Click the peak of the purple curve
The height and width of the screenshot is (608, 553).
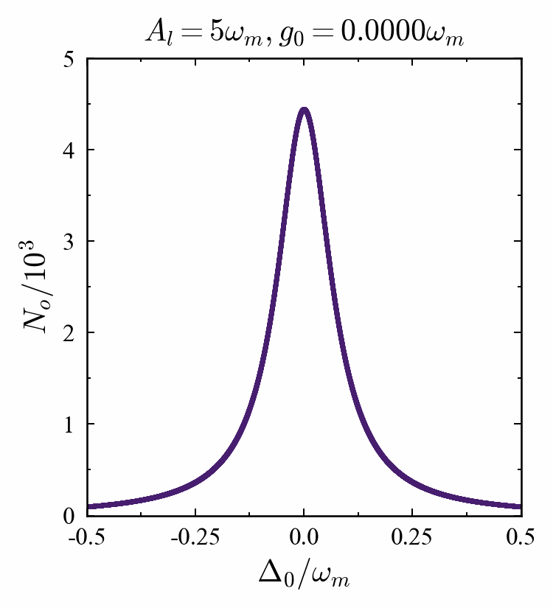304,110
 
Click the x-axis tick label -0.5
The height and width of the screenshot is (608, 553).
86,537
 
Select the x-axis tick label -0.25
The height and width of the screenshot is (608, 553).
195,537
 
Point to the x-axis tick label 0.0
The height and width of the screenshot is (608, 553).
304,537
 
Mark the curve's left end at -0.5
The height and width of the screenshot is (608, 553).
87,507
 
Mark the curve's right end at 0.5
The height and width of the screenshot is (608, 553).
521,507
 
